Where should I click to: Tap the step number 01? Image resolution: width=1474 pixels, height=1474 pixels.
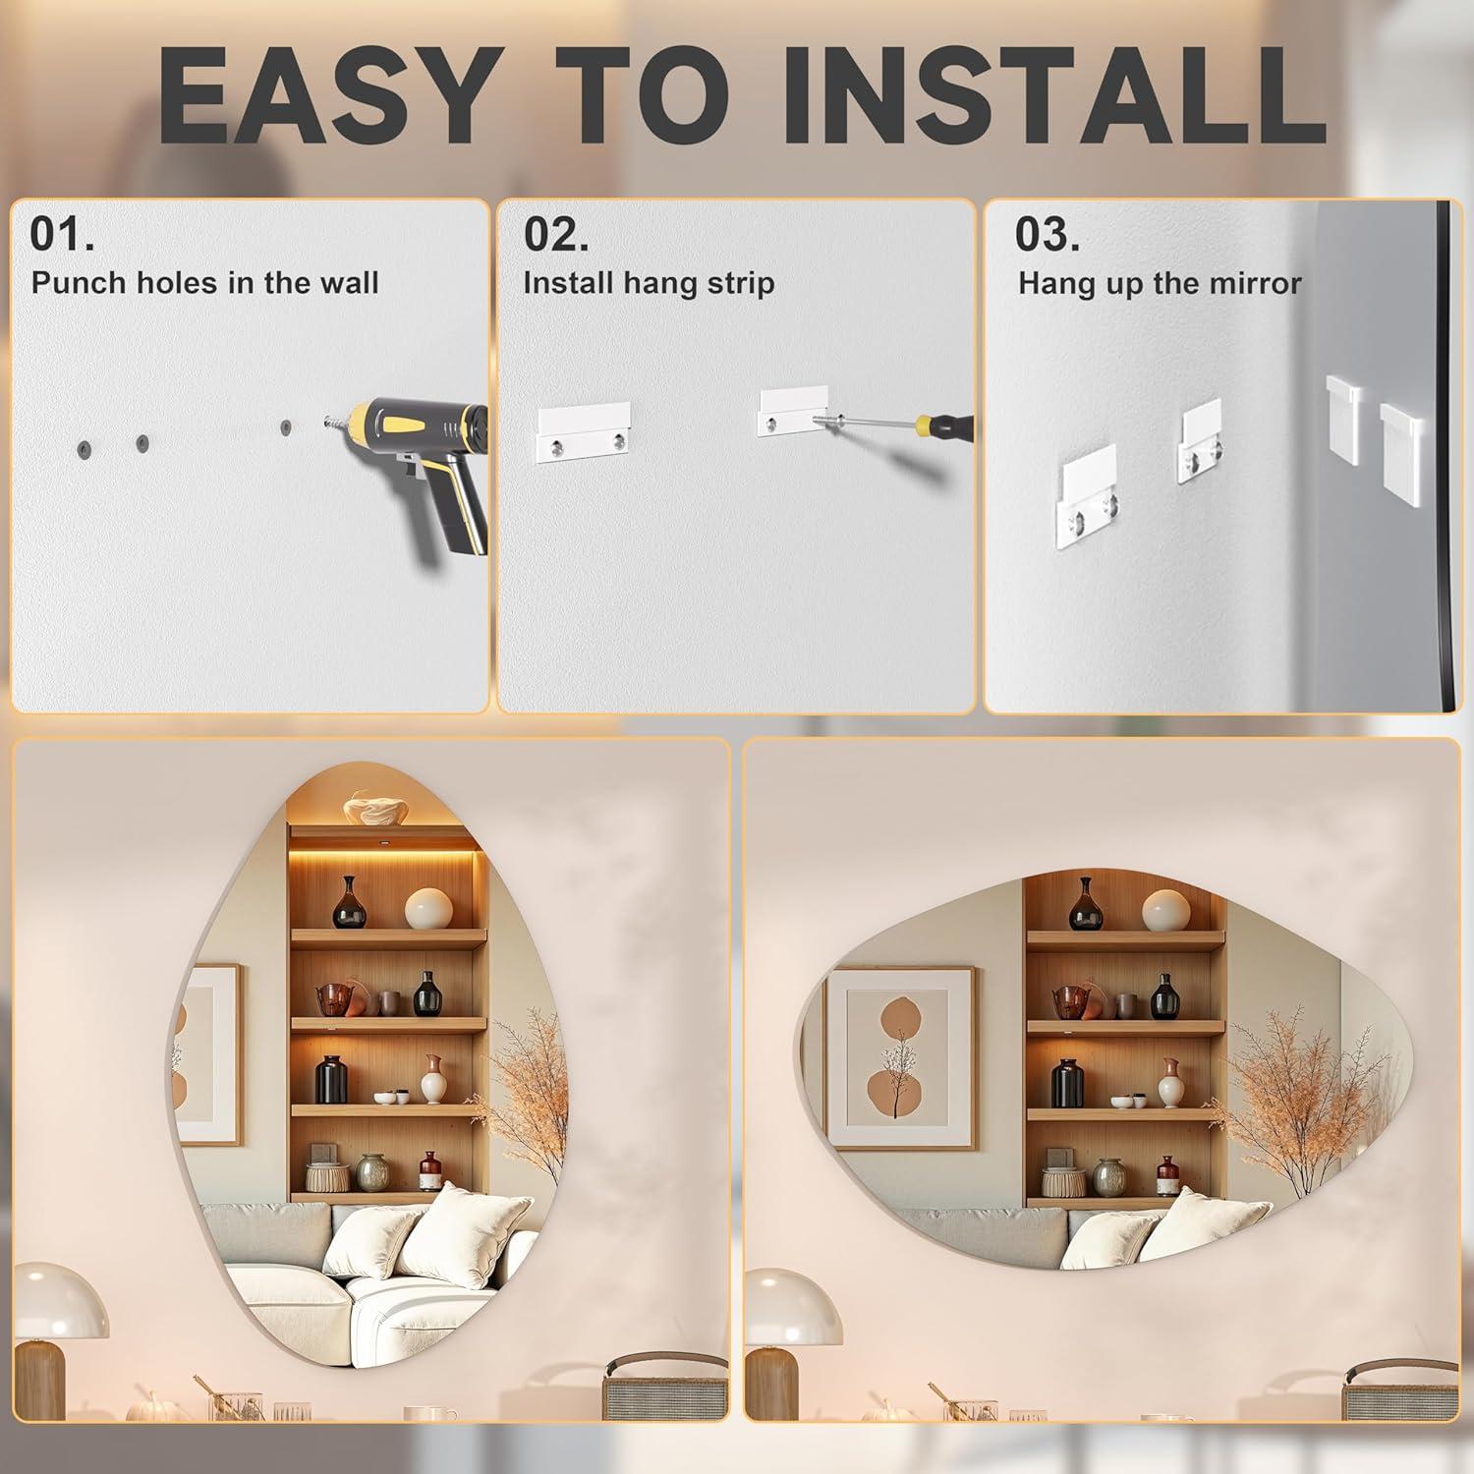point(62,234)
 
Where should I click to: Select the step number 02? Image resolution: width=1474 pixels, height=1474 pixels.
point(556,234)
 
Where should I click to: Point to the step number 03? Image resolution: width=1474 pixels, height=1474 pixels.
point(1048,234)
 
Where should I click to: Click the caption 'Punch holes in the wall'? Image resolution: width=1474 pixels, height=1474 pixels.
point(204,283)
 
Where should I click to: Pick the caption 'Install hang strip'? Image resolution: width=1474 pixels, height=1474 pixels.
point(649,283)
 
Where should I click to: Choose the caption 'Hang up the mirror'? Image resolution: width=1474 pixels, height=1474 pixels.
point(1160,284)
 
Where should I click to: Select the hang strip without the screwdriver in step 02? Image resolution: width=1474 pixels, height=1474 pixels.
point(584,432)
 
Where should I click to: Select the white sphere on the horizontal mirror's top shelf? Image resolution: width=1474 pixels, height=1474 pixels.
point(1166,911)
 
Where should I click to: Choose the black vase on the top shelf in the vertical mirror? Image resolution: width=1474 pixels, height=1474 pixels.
point(349,903)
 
